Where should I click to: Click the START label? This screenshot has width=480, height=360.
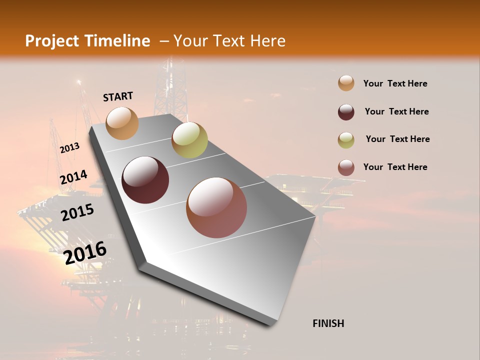(118, 96)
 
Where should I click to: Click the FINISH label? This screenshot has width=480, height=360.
(328, 323)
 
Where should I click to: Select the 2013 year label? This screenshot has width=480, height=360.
(70, 147)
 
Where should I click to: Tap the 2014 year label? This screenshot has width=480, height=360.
(73, 177)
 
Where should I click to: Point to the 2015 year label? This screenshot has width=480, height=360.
(77, 212)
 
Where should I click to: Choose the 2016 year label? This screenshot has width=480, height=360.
(85, 252)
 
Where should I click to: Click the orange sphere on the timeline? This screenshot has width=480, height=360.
(122, 123)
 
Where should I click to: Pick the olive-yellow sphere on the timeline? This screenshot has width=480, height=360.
(189, 140)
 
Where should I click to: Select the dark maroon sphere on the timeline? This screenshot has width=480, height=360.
(145, 180)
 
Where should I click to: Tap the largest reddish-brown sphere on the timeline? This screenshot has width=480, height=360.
(216, 207)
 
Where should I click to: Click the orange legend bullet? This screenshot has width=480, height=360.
(346, 83)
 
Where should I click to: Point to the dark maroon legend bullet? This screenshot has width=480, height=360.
(346, 112)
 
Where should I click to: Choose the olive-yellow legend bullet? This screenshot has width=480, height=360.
(346, 140)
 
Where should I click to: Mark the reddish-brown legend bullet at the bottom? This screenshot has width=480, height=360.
(346, 167)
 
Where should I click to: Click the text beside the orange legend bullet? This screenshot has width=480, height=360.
(395, 83)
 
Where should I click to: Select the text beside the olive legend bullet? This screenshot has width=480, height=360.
(397, 139)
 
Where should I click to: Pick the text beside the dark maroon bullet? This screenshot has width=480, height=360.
(396, 111)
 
